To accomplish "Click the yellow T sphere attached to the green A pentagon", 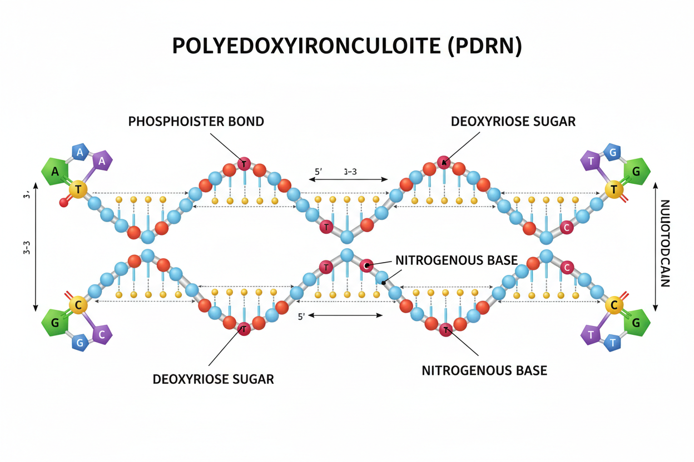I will click(x=78, y=190).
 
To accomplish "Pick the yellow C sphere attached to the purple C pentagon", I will click(x=78, y=305).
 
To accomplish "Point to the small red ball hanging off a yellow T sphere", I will click(x=63, y=203).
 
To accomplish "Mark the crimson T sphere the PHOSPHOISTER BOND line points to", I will click(x=244, y=163).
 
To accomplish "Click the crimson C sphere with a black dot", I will click(x=365, y=265).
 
